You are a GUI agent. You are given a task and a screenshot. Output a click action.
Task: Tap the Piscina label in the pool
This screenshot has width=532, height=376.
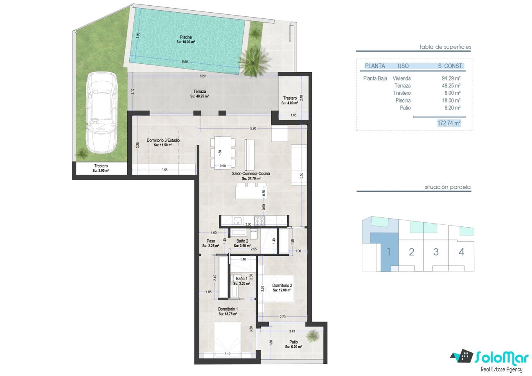click(186, 37)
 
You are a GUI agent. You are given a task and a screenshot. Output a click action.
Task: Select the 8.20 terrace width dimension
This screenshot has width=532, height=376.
click(202, 76)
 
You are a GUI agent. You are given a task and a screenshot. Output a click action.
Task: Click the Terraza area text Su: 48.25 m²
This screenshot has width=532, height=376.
click(200, 96)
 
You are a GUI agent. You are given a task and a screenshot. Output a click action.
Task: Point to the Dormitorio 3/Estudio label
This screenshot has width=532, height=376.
click(163, 140)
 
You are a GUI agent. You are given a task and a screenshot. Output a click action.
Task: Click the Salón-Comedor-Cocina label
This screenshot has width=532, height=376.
click(251, 173)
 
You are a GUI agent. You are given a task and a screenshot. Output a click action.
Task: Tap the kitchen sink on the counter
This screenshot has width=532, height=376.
click(237, 221)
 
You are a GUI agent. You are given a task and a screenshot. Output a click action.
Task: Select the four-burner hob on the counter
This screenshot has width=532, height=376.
click(259, 221)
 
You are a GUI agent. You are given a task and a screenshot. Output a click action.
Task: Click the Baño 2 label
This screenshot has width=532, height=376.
click(242, 241)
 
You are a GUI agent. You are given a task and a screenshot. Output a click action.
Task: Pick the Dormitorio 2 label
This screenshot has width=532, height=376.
click(282, 285)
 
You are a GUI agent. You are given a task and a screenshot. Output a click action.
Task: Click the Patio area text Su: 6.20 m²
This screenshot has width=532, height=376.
click(293, 347)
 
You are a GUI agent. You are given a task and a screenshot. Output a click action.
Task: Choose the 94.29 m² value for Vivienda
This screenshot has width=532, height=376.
click(451, 78)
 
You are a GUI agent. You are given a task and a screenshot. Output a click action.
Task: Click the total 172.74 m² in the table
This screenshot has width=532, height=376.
click(449, 123)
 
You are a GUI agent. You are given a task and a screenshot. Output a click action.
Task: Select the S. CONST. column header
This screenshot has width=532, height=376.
click(451, 66)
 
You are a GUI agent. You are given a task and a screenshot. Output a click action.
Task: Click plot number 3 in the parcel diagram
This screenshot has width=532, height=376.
click(436, 252)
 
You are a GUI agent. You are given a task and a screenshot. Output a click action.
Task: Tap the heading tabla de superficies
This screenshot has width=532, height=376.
click(445, 47)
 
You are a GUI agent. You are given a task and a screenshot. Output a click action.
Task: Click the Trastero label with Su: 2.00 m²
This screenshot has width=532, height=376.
click(101, 168)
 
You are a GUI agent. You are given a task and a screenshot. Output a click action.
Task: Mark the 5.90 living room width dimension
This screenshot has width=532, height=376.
click(253, 128)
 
